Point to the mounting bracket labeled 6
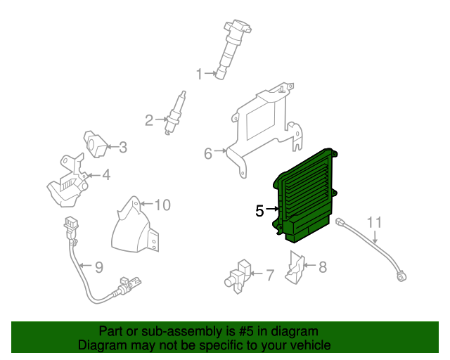tap(264, 127)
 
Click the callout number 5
tap(259, 210)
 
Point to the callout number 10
tap(162, 205)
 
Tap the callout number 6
tap(207, 153)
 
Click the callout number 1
tap(199, 74)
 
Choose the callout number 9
tap(98, 267)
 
